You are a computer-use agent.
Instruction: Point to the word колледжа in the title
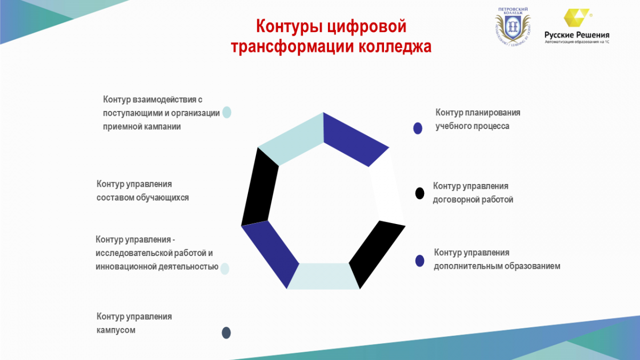[395, 47]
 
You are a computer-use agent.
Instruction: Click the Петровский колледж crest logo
[513, 27]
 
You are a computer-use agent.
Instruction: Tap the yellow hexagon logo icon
[577, 18]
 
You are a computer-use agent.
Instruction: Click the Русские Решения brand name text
[577, 35]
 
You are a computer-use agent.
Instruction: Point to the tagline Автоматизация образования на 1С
[577, 42]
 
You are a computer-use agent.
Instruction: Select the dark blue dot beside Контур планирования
[418, 129]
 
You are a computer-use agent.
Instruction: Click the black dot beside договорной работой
[420, 194]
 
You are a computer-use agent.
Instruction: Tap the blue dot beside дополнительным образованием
[420, 261]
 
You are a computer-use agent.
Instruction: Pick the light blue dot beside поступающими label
[227, 113]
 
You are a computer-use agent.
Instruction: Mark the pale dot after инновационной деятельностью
[225, 269]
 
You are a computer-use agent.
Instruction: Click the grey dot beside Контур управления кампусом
[226, 333]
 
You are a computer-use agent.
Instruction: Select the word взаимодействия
[164, 100]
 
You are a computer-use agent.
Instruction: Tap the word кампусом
[116, 330]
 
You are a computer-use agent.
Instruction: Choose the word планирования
[493, 113]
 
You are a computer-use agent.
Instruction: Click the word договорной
[456, 199]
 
